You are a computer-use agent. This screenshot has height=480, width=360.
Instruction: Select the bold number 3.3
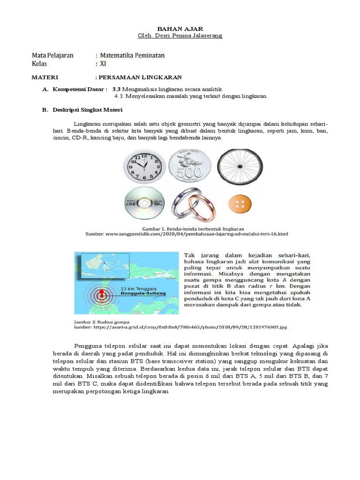[x=116, y=89]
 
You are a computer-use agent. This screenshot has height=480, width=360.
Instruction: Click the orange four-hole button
[x=240, y=204]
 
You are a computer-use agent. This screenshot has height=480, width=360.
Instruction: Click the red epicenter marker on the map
[x=100, y=295]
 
